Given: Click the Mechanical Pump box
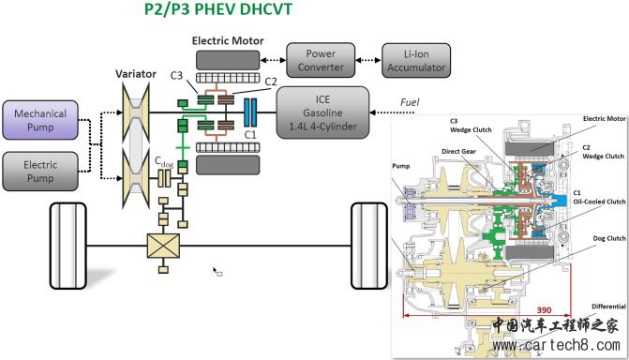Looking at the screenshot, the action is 40,120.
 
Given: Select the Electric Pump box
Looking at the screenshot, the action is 40,171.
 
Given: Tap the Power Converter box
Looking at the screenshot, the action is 321,60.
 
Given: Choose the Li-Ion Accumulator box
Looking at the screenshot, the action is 416,61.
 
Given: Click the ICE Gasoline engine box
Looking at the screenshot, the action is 322,112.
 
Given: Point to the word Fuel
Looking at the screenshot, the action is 410,102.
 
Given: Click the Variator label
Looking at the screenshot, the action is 136,74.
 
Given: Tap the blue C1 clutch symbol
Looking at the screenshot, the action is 250,112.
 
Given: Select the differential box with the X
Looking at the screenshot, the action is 163,246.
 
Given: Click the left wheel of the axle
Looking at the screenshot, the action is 67,246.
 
